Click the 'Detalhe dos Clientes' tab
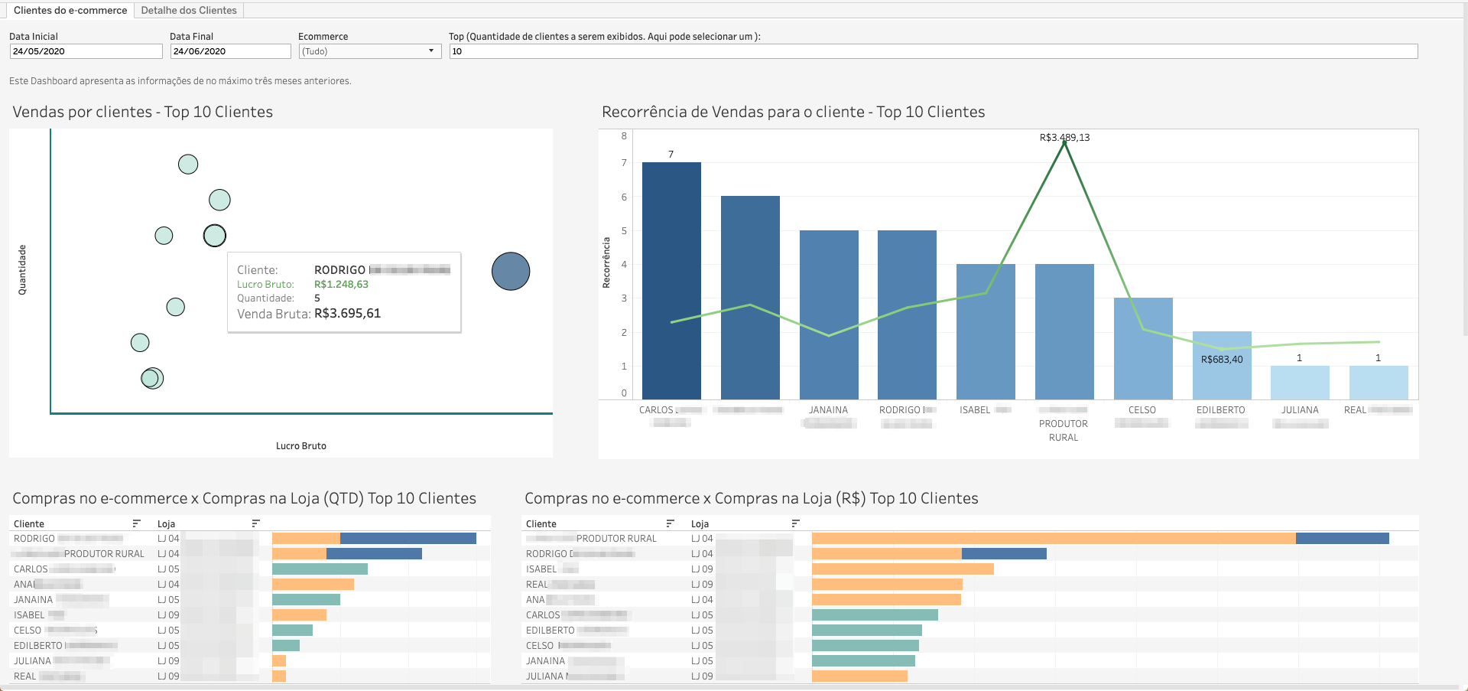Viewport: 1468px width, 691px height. click(x=189, y=10)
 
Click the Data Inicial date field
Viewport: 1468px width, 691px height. click(x=86, y=51)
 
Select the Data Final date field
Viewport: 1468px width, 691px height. click(x=230, y=51)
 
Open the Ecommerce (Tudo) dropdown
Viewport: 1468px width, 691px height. click(x=369, y=51)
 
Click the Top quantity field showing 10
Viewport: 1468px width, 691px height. click(x=933, y=51)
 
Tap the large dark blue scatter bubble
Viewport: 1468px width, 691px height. click(x=511, y=271)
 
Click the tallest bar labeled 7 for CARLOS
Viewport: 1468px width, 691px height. click(x=671, y=279)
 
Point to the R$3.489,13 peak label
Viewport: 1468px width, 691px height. click(x=1064, y=138)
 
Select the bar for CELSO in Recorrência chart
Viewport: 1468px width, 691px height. click(x=1143, y=348)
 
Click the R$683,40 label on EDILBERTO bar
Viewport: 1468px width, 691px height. click(x=1222, y=360)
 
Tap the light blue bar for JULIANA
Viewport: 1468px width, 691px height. click(x=1300, y=382)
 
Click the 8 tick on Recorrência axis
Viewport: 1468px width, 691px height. click(x=624, y=136)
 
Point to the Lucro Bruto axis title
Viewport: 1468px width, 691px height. click(x=300, y=446)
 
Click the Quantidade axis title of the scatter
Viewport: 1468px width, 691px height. click(x=22, y=269)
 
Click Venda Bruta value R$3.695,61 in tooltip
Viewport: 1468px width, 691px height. click(x=347, y=314)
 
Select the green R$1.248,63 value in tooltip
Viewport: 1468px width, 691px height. click(x=341, y=285)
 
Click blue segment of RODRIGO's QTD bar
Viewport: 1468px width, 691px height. click(x=408, y=539)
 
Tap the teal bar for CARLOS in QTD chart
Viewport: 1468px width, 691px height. click(x=320, y=569)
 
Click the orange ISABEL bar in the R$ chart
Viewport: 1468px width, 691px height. click(x=902, y=569)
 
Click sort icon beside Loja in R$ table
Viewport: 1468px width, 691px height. click(x=795, y=523)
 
